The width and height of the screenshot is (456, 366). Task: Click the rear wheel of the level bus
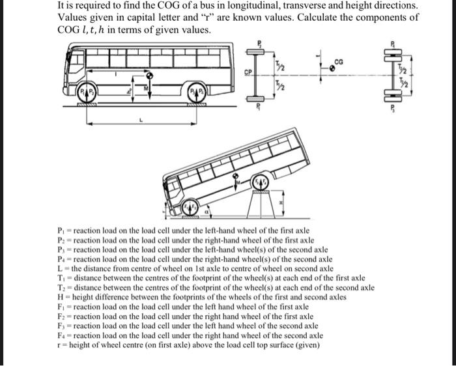point(200,91)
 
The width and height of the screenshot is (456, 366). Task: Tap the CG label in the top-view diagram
point(337,61)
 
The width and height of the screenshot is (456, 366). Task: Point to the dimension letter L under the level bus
point(138,120)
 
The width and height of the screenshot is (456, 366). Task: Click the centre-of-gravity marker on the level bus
point(149,76)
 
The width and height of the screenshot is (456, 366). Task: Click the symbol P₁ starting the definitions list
point(62,231)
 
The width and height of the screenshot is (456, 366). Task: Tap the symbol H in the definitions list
point(61,296)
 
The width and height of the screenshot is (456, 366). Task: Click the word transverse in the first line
point(268,6)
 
